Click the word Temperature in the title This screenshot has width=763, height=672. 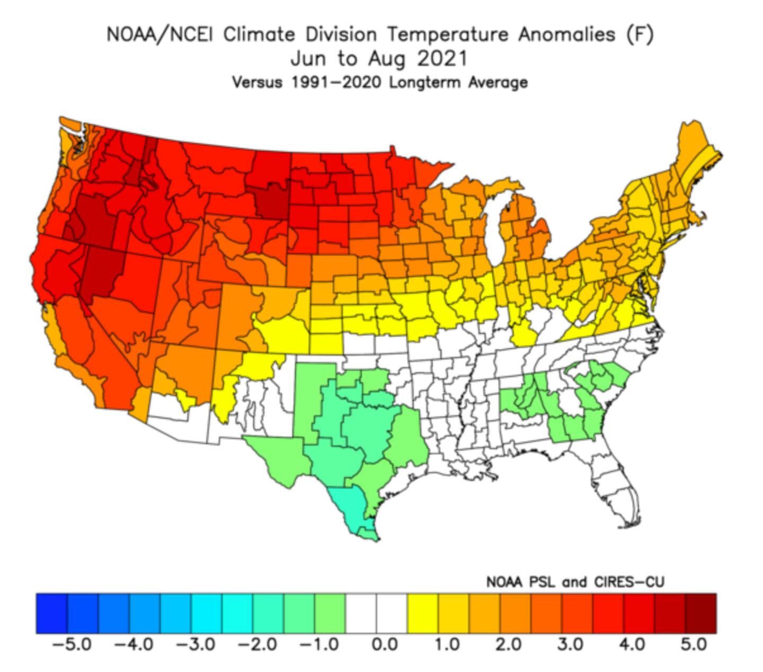click(447, 35)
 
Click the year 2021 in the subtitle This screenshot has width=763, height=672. click(442, 58)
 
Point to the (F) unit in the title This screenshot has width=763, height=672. click(640, 35)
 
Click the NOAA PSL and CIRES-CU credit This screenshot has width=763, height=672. click(574, 582)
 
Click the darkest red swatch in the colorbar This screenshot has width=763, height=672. click(700, 613)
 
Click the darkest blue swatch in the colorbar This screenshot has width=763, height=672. click(52, 613)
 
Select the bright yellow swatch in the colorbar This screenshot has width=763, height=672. click(422, 613)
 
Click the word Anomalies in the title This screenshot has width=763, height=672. click(566, 35)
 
